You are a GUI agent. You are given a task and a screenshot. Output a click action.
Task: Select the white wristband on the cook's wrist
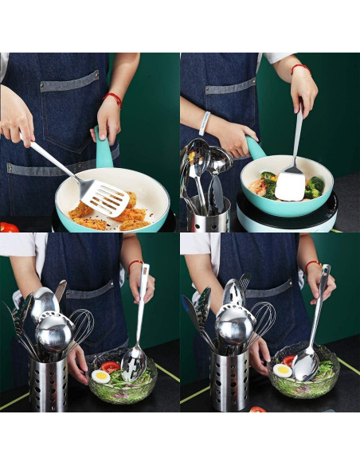(205, 122)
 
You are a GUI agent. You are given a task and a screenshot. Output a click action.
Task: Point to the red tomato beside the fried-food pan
(8, 227)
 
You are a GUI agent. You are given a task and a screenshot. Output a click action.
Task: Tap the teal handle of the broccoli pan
(255, 147)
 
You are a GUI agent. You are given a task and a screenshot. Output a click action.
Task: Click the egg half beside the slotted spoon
(101, 376)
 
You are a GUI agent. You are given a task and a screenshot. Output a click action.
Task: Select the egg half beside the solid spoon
(283, 370)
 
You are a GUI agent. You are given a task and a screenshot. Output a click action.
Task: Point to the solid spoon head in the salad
(303, 365)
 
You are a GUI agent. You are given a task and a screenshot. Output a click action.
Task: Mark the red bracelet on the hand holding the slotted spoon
(135, 262)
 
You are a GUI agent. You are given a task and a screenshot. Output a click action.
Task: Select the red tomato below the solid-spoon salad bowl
(257, 409)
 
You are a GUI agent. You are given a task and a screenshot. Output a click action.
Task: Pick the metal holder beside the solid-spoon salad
(229, 381)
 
